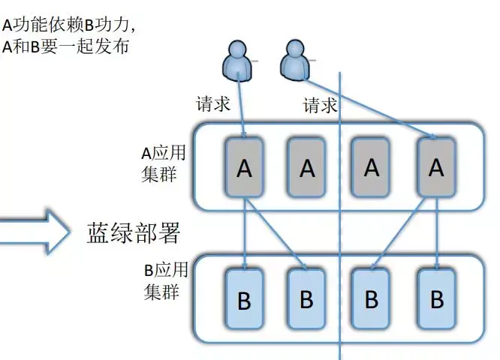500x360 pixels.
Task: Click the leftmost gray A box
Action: point(244,168)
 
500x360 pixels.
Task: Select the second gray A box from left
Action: point(307,168)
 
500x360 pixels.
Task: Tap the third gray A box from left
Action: point(372,167)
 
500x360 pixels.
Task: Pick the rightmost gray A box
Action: point(436,167)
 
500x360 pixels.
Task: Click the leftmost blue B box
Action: point(244,301)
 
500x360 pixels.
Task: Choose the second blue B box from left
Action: point(306,299)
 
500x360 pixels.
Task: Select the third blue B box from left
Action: point(372,299)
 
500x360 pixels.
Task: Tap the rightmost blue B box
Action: point(436,299)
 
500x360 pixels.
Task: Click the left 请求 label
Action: point(212,103)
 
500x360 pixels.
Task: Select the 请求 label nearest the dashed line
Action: point(321,105)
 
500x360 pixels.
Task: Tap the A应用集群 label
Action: point(163,163)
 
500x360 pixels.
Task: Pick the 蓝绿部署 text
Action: point(133,233)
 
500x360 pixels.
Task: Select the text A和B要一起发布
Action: point(66,46)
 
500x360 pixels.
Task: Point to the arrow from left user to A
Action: point(242,105)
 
